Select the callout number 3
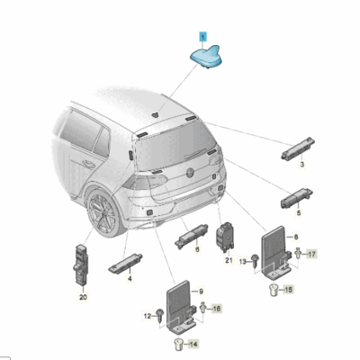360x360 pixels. pos(301,166)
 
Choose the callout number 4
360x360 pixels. pos(130,279)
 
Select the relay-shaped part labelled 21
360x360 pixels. pos(228,238)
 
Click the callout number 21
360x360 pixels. pos(229,260)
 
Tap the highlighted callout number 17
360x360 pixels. pos(312,256)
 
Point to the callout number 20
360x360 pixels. pos(83,297)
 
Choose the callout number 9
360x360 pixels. pos(201,291)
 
